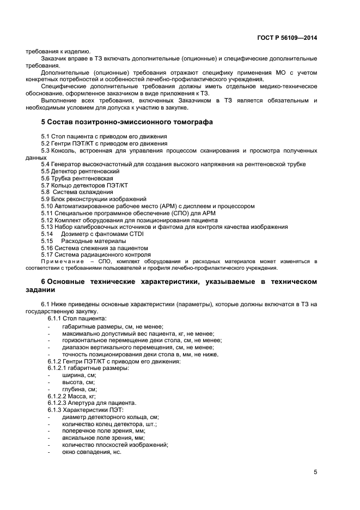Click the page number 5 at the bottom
coord(315,472)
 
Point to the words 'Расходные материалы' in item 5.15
coord(93,241)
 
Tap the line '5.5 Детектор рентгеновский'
coord(80,171)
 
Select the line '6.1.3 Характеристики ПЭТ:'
coord(86,410)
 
